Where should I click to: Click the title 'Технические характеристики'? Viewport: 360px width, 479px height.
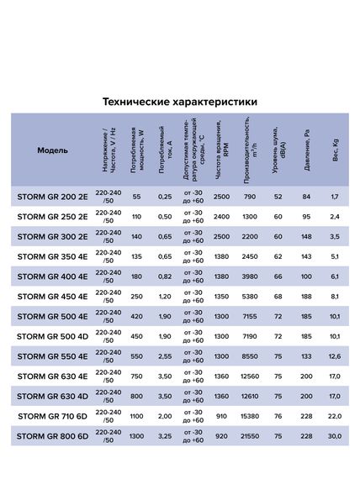coord(180,102)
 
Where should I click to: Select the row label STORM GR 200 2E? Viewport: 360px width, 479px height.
coord(52,197)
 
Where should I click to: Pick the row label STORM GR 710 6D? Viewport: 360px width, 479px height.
coord(52,416)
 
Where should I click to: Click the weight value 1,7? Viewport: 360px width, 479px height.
coord(335,197)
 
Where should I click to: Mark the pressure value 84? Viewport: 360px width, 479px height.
coord(306,197)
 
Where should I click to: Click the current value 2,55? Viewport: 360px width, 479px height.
coord(165,356)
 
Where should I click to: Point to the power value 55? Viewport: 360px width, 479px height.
coord(137,197)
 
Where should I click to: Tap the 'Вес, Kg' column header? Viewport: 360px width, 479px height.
coord(335,151)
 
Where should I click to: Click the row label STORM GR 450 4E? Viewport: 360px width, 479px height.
coord(52,297)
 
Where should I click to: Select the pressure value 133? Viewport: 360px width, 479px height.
coord(306,356)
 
